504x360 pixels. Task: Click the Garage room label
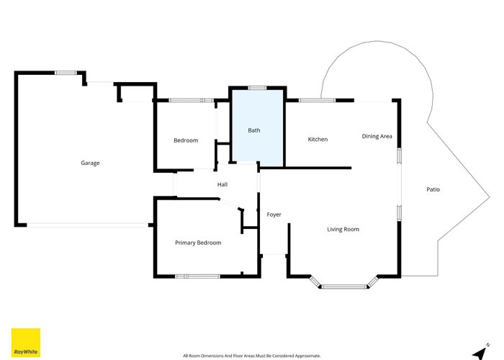[x=90, y=163]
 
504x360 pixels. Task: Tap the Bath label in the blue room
[x=254, y=130]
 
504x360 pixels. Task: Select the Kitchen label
[x=318, y=139]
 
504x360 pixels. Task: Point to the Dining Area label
[x=377, y=135]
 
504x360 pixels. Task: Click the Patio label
[x=433, y=189]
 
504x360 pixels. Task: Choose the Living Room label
[x=343, y=229]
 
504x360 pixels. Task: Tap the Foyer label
[x=274, y=215]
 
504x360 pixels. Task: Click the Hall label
[x=223, y=185]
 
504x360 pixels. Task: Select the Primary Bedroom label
[x=198, y=243]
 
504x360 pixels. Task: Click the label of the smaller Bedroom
[x=186, y=140]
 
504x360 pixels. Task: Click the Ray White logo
[x=26, y=343]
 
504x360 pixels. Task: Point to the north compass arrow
[x=477, y=352]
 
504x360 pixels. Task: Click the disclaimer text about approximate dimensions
[x=252, y=356]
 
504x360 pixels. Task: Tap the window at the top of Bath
[x=257, y=88]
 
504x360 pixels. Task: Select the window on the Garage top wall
[x=66, y=72]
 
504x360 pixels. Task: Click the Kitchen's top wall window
[x=310, y=100]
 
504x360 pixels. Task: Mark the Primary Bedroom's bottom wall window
[x=197, y=276]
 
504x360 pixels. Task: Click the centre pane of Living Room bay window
[x=343, y=287]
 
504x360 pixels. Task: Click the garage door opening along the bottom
[x=88, y=225]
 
